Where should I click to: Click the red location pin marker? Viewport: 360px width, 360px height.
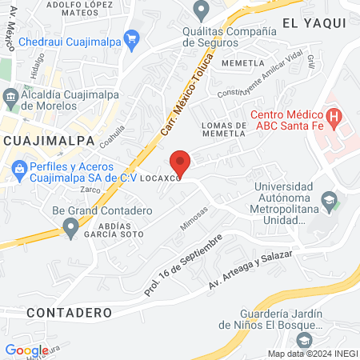pos(181,162)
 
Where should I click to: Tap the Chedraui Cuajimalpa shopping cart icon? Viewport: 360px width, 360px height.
pos(131,38)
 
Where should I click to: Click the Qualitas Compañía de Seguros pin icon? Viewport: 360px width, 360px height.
pos(199,10)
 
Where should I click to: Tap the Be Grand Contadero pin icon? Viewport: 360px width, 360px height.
pos(71,229)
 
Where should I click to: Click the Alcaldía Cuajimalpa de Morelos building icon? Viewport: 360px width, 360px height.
pos(11,99)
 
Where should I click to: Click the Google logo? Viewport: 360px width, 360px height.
pos(26,350)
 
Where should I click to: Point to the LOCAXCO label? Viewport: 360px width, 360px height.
pos(162,179)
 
